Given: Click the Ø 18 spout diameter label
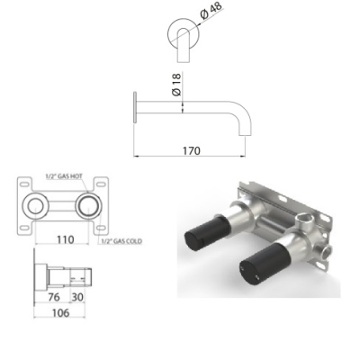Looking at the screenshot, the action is coord(177,85).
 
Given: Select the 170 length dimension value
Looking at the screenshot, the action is coord(192,150).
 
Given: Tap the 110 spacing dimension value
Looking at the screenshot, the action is coord(66,239).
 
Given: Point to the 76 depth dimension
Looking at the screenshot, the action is coord(54,297).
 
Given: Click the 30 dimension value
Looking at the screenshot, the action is coord(77,297).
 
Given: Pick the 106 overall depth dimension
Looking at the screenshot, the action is coord(60,313).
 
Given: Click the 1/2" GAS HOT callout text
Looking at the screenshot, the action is coord(64,176).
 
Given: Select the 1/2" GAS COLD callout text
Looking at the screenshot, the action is coord(121,241).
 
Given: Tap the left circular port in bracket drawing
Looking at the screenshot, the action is coord(36,206).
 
